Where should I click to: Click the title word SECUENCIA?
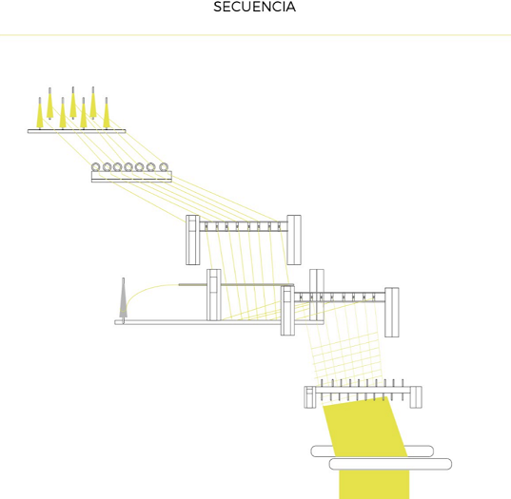pyautogui.click(x=254, y=7)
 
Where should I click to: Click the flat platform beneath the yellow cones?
pyautogui.click(x=76, y=131)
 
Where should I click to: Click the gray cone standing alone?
pyautogui.click(x=123, y=297)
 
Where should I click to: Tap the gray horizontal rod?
pyautogui.click(x=236, y=285)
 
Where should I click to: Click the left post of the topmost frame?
pyautogui.click(x=192, y=240)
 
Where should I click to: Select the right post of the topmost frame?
pyautogui.click(x=294, y=240)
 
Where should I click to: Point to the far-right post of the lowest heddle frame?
pyautogui.click(x=392, y=312)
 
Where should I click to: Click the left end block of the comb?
pyautogui.click(x=310, y=397)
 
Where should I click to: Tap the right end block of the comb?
pyautogui.click(x=416, y=397)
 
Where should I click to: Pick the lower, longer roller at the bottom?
pyautogui.click(x=390, y=464)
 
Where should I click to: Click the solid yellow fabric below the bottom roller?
pyautogui.click(x=374, y=485)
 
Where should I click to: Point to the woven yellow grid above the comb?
pyautogui.click(x=345, y=355)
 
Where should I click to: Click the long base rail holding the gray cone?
pyautogui.click(x=219, y=322)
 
